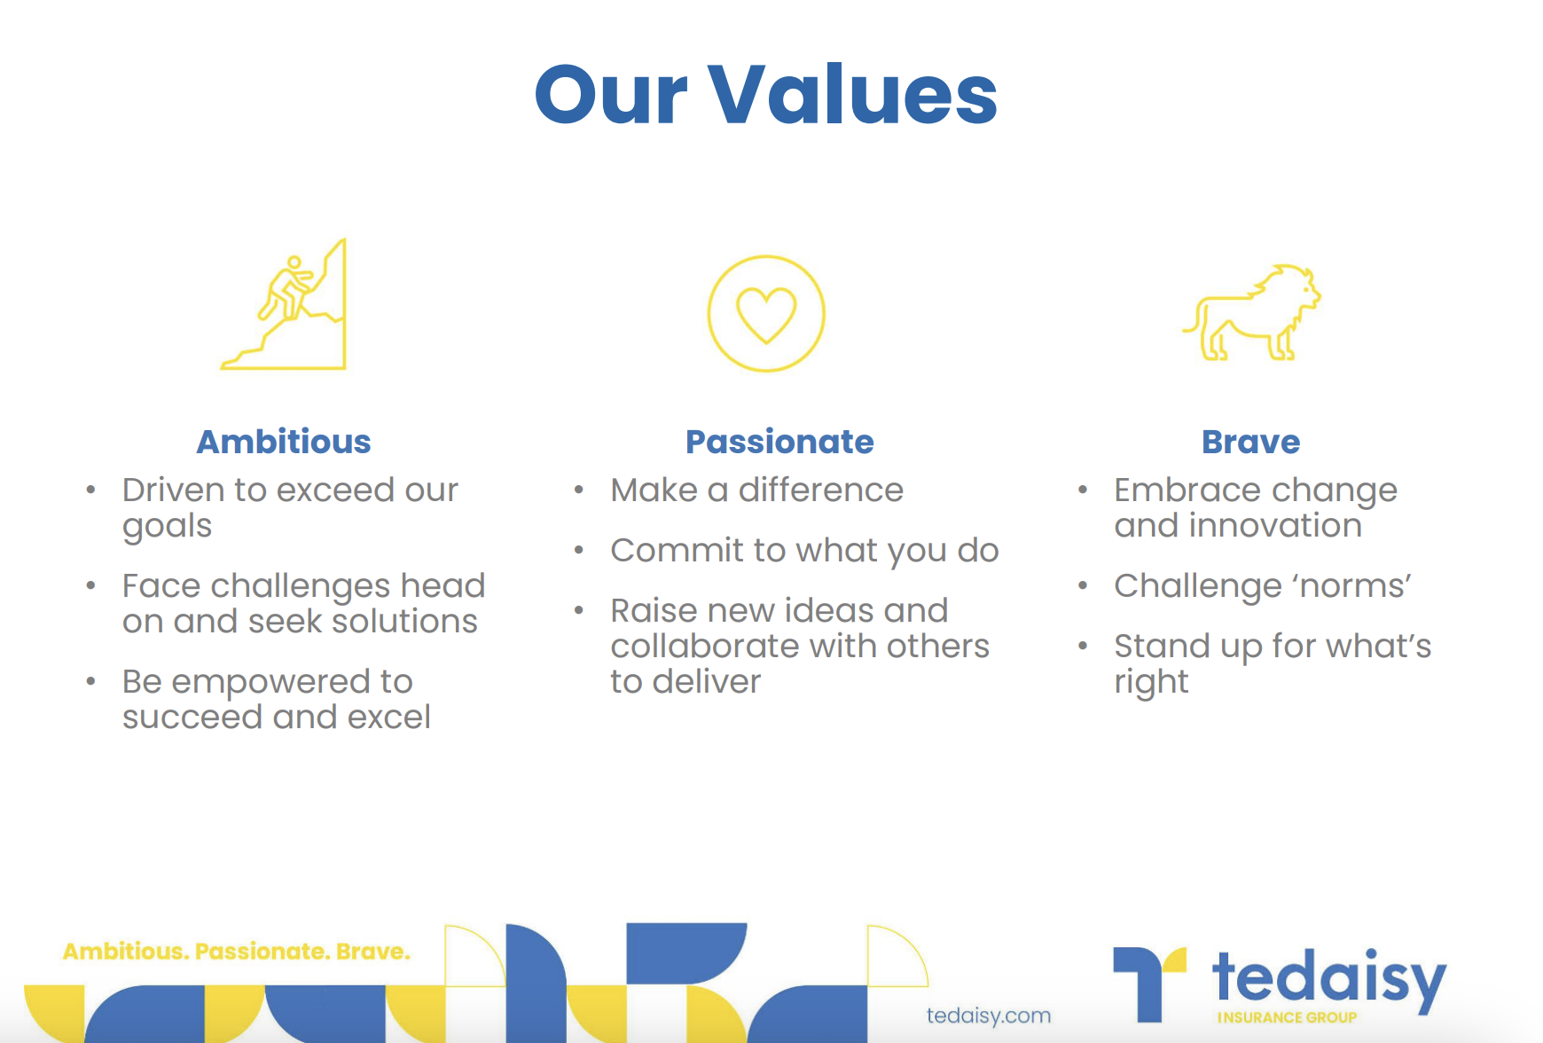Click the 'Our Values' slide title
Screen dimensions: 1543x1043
(766, 94)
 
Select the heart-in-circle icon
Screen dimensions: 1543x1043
(766, 313)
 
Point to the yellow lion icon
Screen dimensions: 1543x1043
(1251, 312)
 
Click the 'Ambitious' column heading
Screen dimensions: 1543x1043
(284, 442)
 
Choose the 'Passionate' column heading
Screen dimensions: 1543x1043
(779, 442)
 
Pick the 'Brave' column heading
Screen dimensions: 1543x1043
(1250, 442)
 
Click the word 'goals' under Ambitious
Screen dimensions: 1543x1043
(168, 527)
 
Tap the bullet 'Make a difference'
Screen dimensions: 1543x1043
(757, 490)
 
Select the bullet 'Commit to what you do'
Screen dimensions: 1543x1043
(805, 551)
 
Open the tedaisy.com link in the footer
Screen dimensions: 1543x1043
(989, 1016)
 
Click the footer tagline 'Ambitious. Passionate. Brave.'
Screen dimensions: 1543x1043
(237, 952)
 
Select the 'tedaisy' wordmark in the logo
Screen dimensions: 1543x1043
(1329, 978)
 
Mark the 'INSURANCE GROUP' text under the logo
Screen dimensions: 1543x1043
(1287, 1017)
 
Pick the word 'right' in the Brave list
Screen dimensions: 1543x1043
(1151, 683)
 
